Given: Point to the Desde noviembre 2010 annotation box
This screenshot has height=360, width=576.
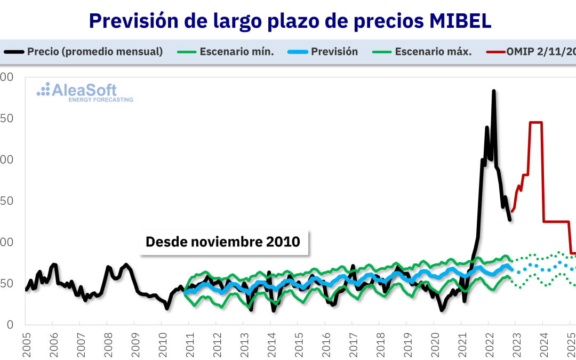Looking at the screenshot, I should click(223, 242).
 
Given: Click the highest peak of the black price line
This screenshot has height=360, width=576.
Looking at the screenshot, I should click(493, 91).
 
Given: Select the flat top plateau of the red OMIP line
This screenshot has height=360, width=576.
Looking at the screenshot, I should click(535, 123).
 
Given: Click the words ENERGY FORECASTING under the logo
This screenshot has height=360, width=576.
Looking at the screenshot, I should click(101, 100).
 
